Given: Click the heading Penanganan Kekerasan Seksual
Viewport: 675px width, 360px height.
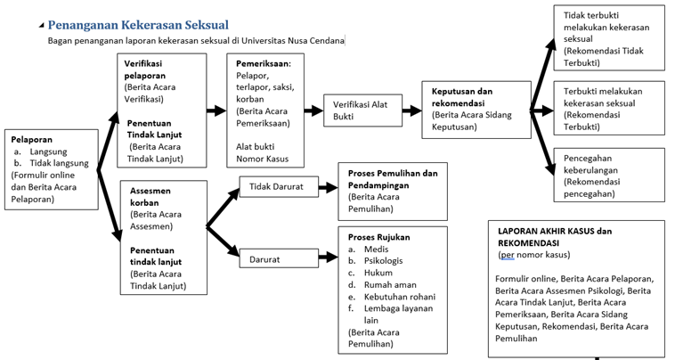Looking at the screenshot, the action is [x=138, y=25].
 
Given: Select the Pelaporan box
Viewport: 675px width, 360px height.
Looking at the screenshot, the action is [x=52, y=169].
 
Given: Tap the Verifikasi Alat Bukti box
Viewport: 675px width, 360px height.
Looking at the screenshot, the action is [x=363, y=110].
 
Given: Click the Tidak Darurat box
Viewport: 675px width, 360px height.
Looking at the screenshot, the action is [x=279, y=186].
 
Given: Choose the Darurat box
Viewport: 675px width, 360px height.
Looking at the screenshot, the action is [x=279, y=258].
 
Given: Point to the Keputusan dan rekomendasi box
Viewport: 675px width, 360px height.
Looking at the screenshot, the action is [x=476, y=110].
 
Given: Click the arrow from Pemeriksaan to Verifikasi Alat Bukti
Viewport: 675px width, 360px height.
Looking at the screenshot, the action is [x=313, y=110].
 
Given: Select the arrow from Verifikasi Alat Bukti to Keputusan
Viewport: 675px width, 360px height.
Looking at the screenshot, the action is [x=412, y=110].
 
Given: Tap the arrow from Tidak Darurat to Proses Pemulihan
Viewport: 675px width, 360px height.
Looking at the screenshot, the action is [x=328, y=187].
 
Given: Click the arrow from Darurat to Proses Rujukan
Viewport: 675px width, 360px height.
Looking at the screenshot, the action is [x=328, y=258].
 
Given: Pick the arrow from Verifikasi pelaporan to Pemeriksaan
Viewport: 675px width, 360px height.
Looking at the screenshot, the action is [x=216, y=110].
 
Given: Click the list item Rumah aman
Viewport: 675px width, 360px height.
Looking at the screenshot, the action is [x=390, y=284].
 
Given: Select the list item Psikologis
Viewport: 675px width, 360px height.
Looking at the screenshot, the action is [x=383, y=261].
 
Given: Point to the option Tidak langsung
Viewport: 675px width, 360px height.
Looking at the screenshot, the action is [x=59, y=163].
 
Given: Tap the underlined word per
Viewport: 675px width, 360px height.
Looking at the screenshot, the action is [x=508, y=255].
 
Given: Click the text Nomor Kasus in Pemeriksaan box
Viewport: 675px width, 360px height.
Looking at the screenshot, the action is [x=262, y=159].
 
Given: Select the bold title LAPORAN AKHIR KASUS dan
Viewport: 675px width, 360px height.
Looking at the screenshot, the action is [x=555, y=231].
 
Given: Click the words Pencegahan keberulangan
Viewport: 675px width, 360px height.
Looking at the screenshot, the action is [x=590, y=164].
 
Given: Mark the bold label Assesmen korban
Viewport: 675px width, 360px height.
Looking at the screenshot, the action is [x=150, y=197].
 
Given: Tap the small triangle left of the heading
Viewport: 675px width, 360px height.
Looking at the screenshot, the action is [x=41, y=26].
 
